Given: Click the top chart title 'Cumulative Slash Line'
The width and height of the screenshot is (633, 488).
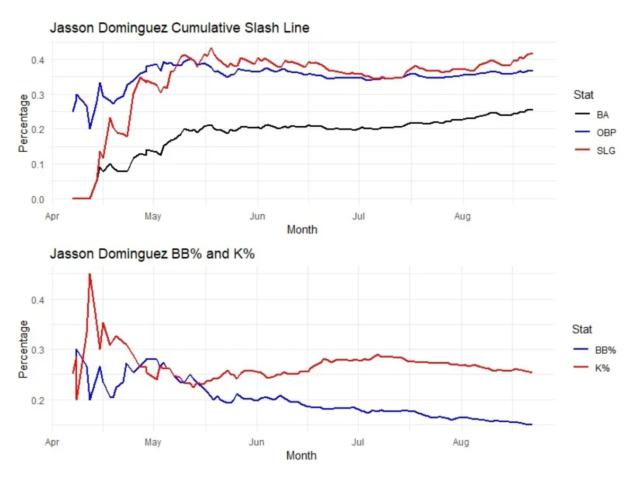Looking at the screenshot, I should coord(179,29).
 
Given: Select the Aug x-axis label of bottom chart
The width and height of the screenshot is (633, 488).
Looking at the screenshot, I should coord(462,442).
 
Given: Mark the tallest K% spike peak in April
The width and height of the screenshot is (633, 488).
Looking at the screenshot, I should coord(90,274).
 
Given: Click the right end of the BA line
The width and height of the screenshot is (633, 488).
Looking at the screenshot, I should coord(532,110).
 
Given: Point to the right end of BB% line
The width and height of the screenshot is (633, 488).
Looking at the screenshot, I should coord(532,424).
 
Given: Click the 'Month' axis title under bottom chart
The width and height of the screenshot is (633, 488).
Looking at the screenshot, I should coord(302,455).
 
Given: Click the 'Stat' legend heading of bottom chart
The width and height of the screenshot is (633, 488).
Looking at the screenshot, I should coord(583,329).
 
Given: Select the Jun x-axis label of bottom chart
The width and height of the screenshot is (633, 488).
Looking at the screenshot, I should coord(257,442).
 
